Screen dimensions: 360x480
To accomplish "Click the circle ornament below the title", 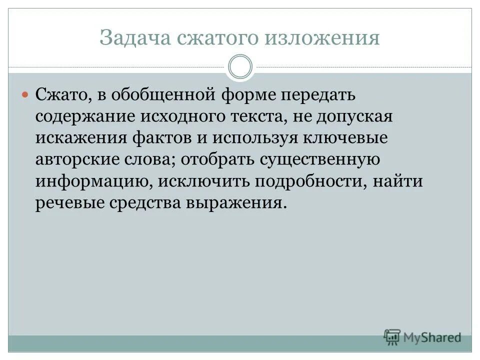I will (240, 67).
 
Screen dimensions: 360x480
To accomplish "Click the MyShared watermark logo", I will (422, 337).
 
